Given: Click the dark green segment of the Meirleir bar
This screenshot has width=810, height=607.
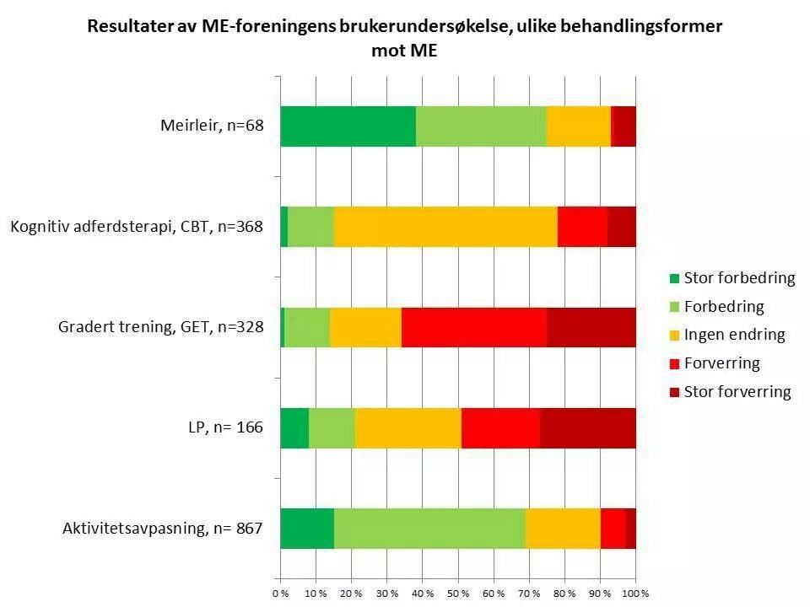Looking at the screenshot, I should [348, 126].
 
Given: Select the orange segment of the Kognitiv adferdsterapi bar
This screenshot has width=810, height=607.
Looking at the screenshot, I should [445, 227].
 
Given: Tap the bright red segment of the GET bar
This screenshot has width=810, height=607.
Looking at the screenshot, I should [473, 327].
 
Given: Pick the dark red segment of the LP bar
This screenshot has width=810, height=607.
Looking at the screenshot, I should [587, 427].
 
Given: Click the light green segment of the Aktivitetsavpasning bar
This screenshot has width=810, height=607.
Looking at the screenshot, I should [429, 529].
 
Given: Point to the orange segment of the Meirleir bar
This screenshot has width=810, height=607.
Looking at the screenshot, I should [579, 126].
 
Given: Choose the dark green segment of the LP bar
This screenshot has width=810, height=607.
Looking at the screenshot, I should [294, 427].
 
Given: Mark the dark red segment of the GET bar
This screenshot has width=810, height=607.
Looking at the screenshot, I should [591, 327].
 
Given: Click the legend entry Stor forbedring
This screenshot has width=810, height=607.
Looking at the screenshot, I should [739, 278].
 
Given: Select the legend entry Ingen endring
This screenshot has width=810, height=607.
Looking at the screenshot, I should [734, 335].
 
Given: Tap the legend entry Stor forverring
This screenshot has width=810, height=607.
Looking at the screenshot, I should [737, 391].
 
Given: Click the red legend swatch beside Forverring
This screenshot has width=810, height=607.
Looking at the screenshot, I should [673, 363].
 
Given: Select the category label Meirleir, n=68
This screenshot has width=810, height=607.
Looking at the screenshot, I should [212, 126].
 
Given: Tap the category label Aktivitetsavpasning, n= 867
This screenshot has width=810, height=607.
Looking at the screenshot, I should [163, 529].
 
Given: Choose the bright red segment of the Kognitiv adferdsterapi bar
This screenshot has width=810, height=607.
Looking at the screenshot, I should [582, 227].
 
